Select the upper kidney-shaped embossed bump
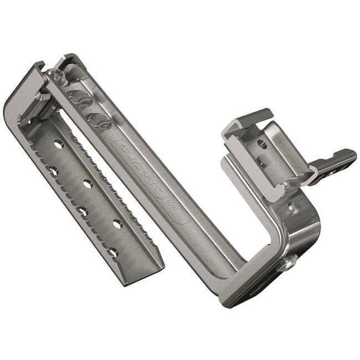point(81,99)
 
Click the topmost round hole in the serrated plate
point(58,145)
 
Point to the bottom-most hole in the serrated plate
point(113,252)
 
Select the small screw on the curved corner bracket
point(295,209)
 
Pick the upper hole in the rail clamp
point(262,145)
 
